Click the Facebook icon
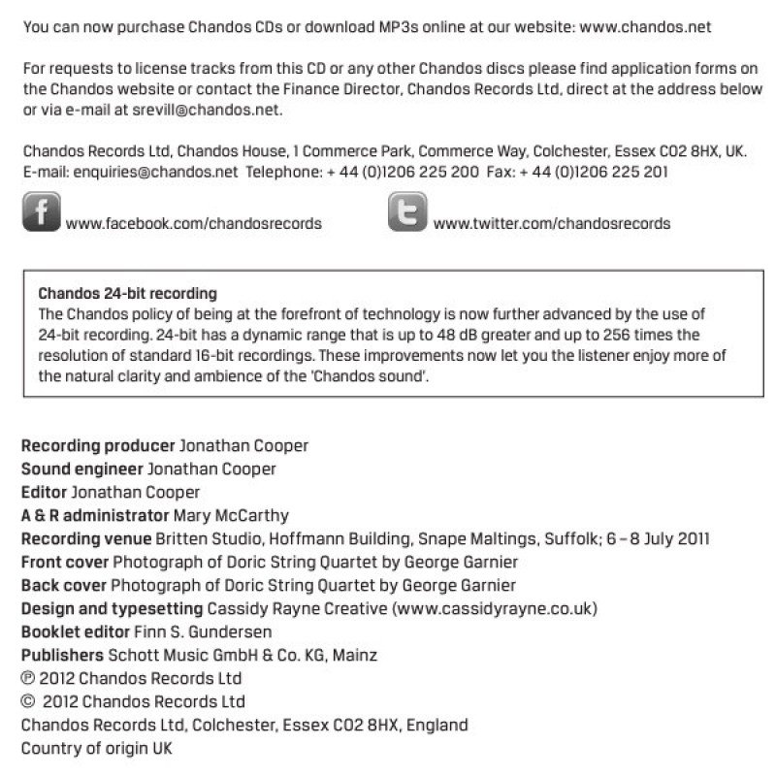click(x=41, y=211)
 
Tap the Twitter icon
click(x=408, y=211)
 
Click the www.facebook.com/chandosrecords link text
click(x=194, y=223)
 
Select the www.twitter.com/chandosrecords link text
click(x=551, y=223)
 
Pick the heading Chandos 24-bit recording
click(x=127, y=292)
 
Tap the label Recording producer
click(x=98, y=446)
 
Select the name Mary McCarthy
click(x=230, y=515)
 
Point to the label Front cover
click(x=65, y=562)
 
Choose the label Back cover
click(x=64, y=585)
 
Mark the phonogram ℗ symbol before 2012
click(x=27, y=678)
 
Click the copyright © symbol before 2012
click(x=27, y=701)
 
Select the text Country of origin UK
click(x=97, y=748)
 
